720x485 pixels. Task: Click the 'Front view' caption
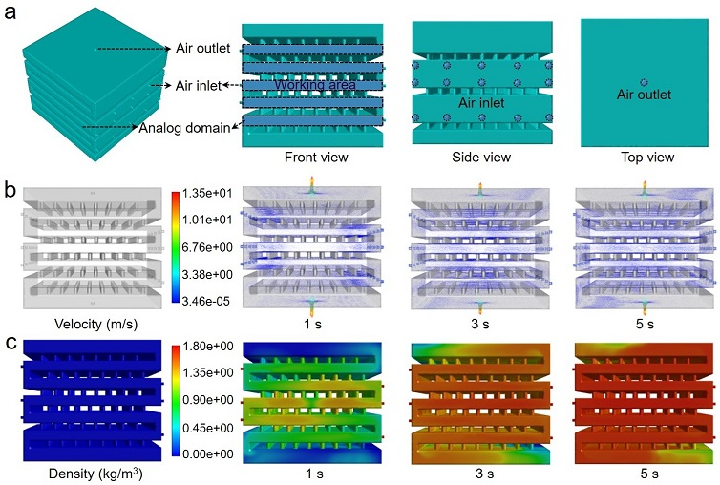(x=309, y=158)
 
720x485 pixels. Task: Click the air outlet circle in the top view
(x=644, y=84)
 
